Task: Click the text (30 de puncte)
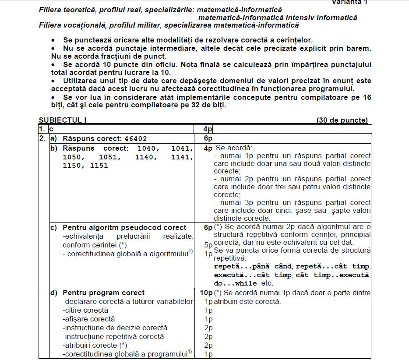point(342,120)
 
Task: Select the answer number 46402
point(135,139)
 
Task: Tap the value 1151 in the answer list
point(99,166)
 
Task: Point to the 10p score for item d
point(206,293)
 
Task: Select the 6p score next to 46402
point(208,139)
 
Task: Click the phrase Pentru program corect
point(103,293)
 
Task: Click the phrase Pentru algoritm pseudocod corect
point(124,227)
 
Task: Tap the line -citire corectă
point(85,310)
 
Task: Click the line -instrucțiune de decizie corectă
point(115,328)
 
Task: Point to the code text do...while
point(236,283)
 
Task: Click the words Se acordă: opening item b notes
point(231,148)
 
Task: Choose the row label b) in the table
point(53,148)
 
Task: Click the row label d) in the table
point(53,293)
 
